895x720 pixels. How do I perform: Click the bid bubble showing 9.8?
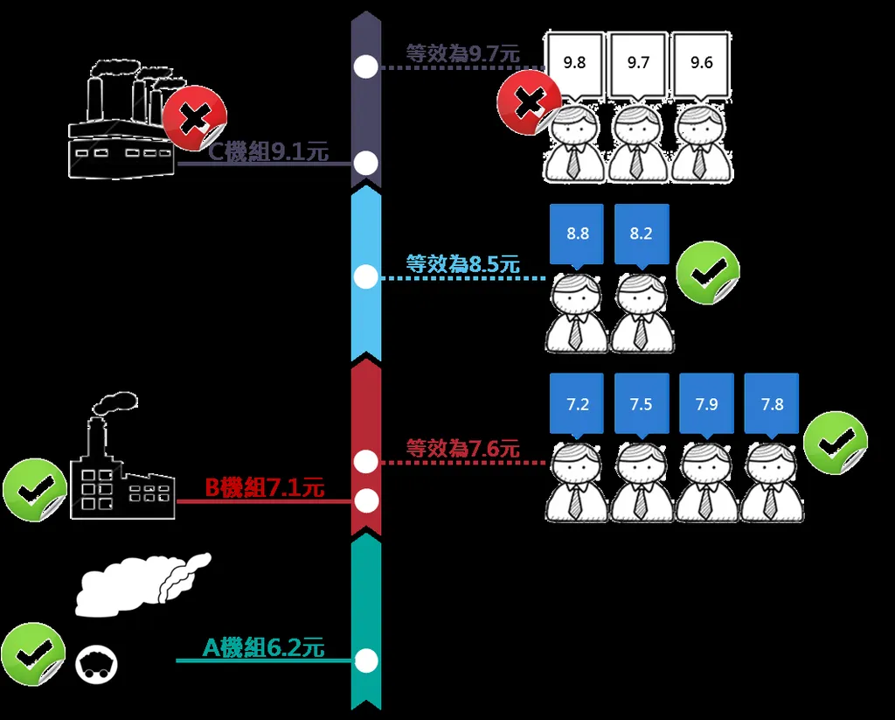coord(574,63)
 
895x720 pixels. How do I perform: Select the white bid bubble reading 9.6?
coord(701,63)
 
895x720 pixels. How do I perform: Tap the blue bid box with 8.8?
coord(577,234)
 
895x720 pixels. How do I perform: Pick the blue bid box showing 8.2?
coord(641,234)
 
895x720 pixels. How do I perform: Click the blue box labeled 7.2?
coord(577,404)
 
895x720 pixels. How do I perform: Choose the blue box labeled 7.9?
coord(706,404)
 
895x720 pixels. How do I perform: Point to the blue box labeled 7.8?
coord(772,404)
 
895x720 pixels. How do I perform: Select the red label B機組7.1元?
coord(264,488)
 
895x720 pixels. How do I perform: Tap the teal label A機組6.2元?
coord(263,648)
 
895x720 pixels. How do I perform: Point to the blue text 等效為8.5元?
coord(462,264)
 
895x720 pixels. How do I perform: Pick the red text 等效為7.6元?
coord(462,449)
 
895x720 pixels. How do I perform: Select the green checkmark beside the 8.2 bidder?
coord(707,273)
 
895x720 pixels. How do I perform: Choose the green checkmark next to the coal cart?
coord(32,654)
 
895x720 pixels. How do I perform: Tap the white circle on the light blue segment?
coord(366,277)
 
